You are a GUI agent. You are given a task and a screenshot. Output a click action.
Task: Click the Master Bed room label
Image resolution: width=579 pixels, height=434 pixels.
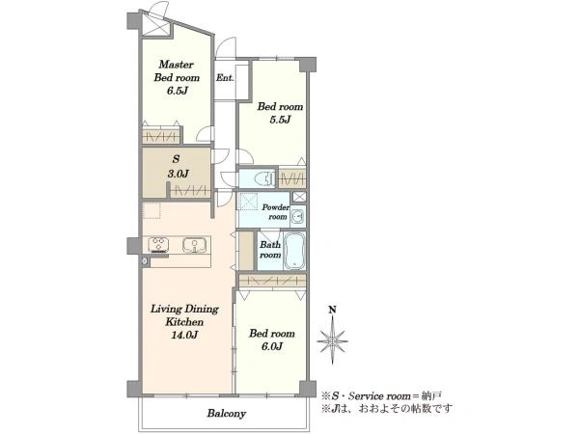click(177, 70)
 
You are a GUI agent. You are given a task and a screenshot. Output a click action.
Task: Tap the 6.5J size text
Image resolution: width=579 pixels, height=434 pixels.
click(178, 91)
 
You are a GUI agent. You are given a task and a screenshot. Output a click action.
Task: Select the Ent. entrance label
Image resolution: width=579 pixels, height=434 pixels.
click(225, 78)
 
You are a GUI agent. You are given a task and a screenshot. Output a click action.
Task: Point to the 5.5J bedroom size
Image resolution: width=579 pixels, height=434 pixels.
click(280, 120)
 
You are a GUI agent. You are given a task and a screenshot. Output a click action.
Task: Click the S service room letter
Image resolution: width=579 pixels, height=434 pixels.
click(177, 159)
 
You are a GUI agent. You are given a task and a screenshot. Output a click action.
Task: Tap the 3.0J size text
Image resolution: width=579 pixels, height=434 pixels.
click(179, 174)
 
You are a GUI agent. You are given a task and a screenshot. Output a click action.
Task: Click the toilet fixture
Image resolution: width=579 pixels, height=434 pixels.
click(264, 179)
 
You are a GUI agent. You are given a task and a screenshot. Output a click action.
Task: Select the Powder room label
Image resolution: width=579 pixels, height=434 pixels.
click(275, 212)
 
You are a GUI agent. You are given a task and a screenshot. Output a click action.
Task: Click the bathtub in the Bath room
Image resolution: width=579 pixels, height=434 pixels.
click(294, 250)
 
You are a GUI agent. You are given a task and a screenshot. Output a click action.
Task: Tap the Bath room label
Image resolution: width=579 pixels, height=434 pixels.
click(270, 250)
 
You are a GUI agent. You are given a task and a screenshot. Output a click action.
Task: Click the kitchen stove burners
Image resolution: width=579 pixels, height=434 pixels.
click(159, 245)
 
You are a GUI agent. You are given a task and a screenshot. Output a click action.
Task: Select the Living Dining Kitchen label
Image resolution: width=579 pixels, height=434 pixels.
click(184, 315)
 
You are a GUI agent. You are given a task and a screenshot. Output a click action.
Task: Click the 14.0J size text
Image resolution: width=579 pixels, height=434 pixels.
click(184, 335)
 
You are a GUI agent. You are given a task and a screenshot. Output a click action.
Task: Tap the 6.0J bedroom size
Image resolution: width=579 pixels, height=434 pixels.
click(272, 346)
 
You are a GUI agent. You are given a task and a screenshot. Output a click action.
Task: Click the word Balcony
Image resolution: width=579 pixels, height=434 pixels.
click(227, 414)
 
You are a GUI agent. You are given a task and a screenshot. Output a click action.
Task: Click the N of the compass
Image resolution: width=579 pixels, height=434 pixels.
click(332, 310)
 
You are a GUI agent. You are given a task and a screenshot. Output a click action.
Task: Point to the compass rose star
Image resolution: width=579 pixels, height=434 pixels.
click(332, 341)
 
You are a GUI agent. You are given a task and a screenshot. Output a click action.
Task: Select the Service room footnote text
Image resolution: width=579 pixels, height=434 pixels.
click(381, 396)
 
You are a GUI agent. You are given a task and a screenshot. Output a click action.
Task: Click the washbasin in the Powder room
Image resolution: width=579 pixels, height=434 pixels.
click(297, 215)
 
